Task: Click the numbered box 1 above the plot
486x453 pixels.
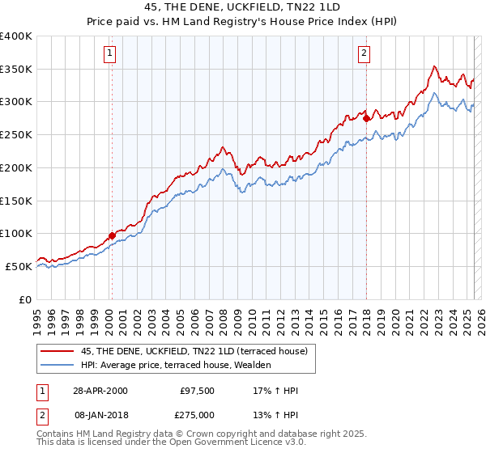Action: tap(109, 54)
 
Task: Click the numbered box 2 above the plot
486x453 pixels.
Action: tap(364, 54)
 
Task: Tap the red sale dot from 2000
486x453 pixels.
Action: tap(112, 235)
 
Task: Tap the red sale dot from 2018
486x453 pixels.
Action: tap(366, 118)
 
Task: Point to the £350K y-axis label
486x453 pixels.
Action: tap(16, 70)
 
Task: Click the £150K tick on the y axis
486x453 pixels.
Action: tap(16, 201)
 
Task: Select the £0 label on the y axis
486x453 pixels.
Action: tap(25, 299)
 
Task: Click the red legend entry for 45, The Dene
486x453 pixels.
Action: tap(194, 352)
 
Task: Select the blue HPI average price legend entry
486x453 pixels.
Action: tap(175, 366)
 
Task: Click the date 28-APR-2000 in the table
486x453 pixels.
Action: tap(100, 391)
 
